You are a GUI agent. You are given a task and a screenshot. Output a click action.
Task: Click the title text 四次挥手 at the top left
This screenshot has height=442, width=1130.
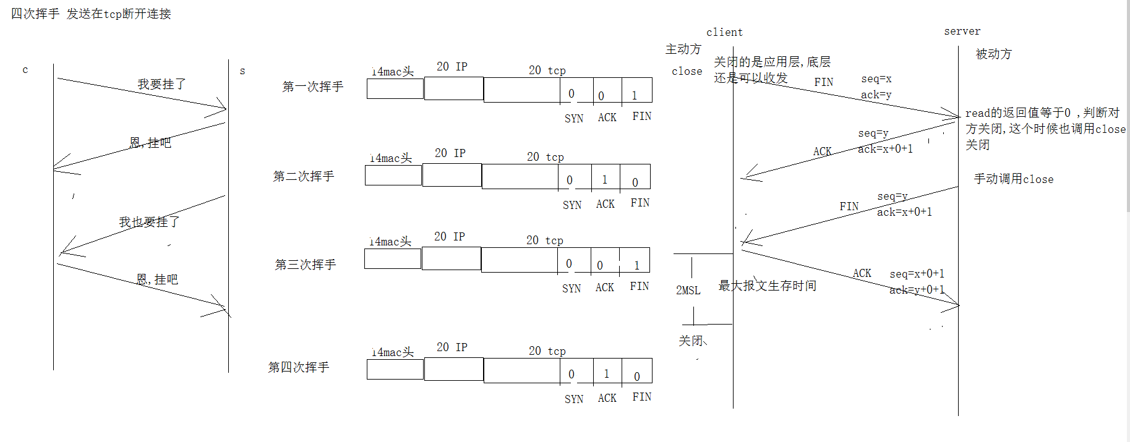(x=35, y=14)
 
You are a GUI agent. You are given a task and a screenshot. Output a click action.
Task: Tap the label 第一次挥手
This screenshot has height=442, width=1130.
(x=312, y=87)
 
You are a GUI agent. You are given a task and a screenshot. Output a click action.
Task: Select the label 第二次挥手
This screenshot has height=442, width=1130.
(x=303, y=176)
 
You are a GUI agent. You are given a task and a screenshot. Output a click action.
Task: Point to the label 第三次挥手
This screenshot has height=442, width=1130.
(x=305, y=265)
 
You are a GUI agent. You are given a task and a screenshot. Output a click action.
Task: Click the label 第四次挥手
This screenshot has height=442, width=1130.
(x=298, y=367)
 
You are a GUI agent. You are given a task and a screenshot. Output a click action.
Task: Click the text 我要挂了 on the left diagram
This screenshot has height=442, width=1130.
(x=161, y=84)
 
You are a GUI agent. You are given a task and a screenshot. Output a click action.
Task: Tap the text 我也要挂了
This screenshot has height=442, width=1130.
(x=149, y=222)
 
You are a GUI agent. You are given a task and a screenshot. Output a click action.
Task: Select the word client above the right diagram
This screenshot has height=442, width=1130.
(x=724, y=32)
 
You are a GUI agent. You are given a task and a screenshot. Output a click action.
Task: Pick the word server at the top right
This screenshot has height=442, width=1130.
(x=962, y=31)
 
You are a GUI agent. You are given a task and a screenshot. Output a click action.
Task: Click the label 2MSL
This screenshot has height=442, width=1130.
(x=688, y=290)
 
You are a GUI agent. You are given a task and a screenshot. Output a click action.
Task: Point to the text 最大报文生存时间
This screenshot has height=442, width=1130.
(x=767, y=286)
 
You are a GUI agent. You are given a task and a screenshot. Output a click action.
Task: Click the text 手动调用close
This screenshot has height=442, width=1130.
(x=1013, y=179)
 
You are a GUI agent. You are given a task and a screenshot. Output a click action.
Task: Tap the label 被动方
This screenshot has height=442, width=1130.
(x=993, y=54)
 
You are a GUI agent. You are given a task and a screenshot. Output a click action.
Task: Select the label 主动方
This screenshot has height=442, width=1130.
(x=683, y=49)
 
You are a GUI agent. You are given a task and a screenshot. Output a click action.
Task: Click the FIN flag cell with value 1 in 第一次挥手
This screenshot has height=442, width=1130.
(x=636, y=90)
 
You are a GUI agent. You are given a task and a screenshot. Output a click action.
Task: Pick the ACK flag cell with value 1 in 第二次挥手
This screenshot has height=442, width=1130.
(x=606, y=177)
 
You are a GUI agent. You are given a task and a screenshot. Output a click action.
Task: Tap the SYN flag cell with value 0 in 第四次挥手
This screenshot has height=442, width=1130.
(x=576, y=371)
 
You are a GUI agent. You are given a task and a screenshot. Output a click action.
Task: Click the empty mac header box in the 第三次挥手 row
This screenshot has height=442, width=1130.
(x=393, y=259)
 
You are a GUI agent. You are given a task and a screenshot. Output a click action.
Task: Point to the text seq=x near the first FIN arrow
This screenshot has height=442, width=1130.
(x=876, y=79)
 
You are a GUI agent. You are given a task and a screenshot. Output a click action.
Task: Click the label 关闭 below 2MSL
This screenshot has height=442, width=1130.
(x=690, y=341)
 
